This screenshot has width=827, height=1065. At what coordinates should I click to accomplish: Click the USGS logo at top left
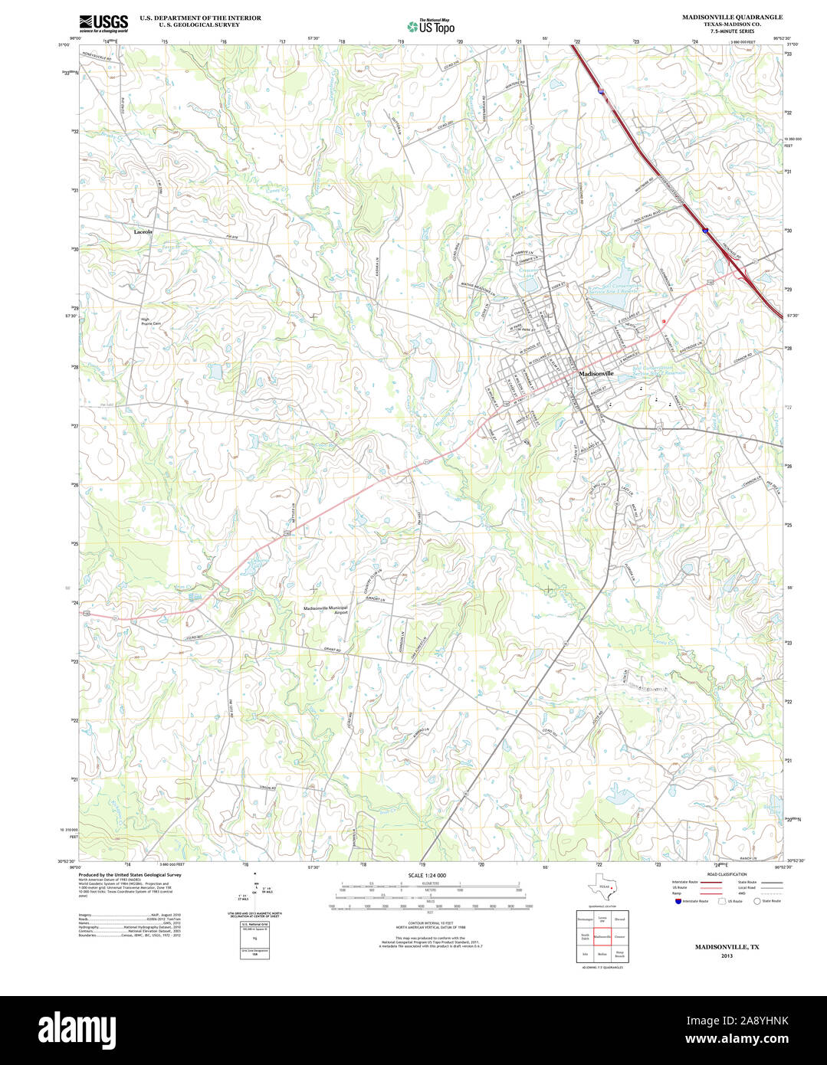(x=103, y=22)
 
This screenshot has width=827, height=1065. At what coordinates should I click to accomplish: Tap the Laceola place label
(x=143, y=231)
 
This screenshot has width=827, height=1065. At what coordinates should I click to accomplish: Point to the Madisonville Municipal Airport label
(x=326, y=611)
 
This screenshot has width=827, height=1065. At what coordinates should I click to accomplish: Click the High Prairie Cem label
(x=151, y=322)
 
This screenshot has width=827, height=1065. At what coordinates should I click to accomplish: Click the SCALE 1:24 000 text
(x=427, y=875)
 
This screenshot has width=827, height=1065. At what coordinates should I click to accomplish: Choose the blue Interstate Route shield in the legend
(x=675, y=901)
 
